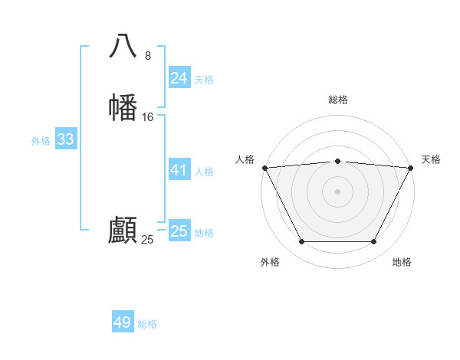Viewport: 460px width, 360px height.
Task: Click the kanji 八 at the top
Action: click(x=123, y=46)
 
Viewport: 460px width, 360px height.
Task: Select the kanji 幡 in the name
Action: click(x=123, y=107)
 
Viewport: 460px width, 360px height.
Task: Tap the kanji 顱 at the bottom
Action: click(x=123, y=231)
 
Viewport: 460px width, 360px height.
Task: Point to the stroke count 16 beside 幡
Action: click(x=148, y=117)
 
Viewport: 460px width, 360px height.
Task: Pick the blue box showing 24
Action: click(x=179, y=77)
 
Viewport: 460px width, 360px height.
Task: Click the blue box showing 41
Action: click(x=179, y=170)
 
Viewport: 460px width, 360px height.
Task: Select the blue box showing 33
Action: click(x=65, y=139)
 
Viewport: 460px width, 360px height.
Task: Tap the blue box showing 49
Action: click(x=123, y=322)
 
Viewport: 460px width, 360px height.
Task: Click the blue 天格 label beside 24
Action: click(x=204, y=80)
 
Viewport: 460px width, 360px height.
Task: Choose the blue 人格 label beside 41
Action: click(x=204, y=172)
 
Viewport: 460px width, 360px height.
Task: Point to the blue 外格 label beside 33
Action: click(x=41, y=141)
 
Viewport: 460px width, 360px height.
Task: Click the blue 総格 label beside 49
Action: click(x=147, y=324)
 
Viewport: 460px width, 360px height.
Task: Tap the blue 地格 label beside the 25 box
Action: click(x=204, y=233)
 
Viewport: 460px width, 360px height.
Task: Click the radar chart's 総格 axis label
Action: click(x=337, y=100)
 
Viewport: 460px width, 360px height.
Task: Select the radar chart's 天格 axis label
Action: click(x=431, y=159)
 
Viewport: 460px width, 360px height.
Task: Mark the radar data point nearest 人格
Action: click(x=264, y=167)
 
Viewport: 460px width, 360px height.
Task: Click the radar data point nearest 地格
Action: click(x=374, y=242)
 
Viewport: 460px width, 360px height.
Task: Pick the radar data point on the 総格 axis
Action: click(x=337, y=161)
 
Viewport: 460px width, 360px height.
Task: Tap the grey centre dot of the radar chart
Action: click(x=337, y=191)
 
